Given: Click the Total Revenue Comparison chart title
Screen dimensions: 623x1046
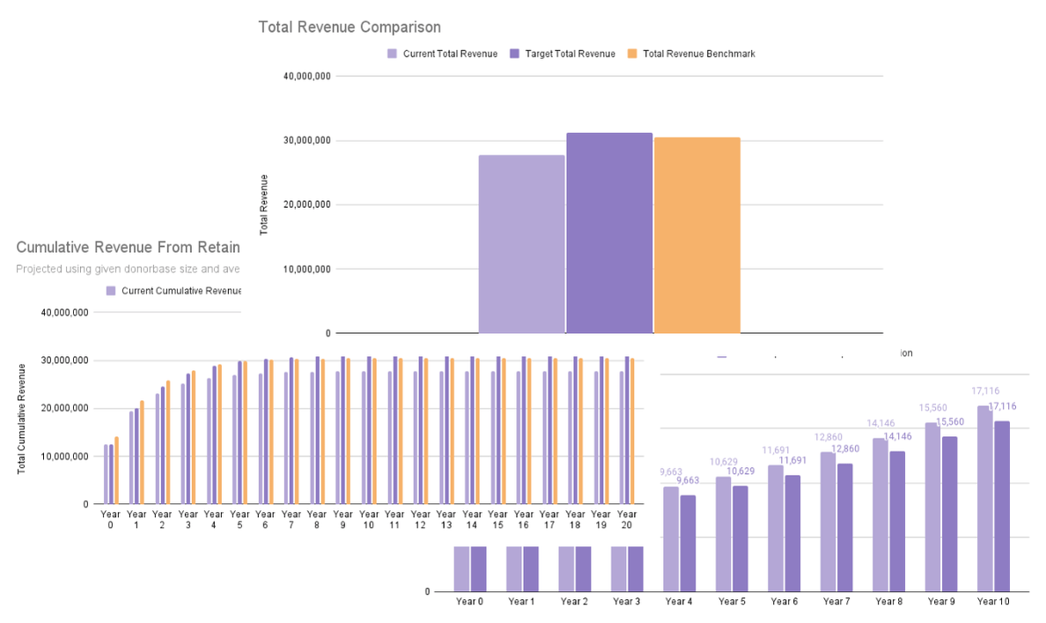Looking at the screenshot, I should (x=349, y=27).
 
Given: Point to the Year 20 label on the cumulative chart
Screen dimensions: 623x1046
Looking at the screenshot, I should (x=627, y=519).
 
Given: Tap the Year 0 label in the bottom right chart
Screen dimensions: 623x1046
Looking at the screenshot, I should (x=469, y=602).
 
